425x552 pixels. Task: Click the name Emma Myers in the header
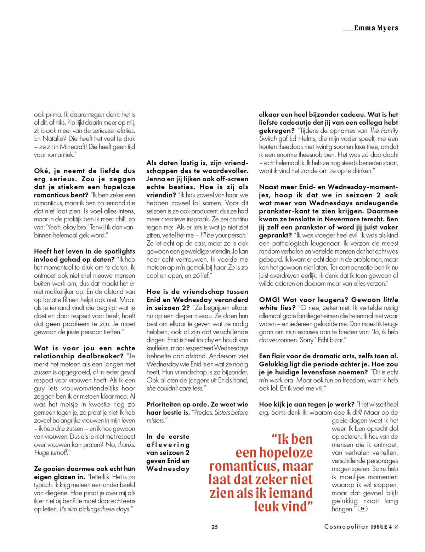tap(376, 28)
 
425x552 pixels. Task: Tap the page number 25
tap(215, 527)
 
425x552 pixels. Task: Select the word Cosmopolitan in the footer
tap(346, 527)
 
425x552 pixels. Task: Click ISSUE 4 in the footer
tap(381, 527)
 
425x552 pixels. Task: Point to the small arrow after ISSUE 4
tap(397, 527)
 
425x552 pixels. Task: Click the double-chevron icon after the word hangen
tap(363, 509)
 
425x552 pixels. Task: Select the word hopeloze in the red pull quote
tap(286, 453)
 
